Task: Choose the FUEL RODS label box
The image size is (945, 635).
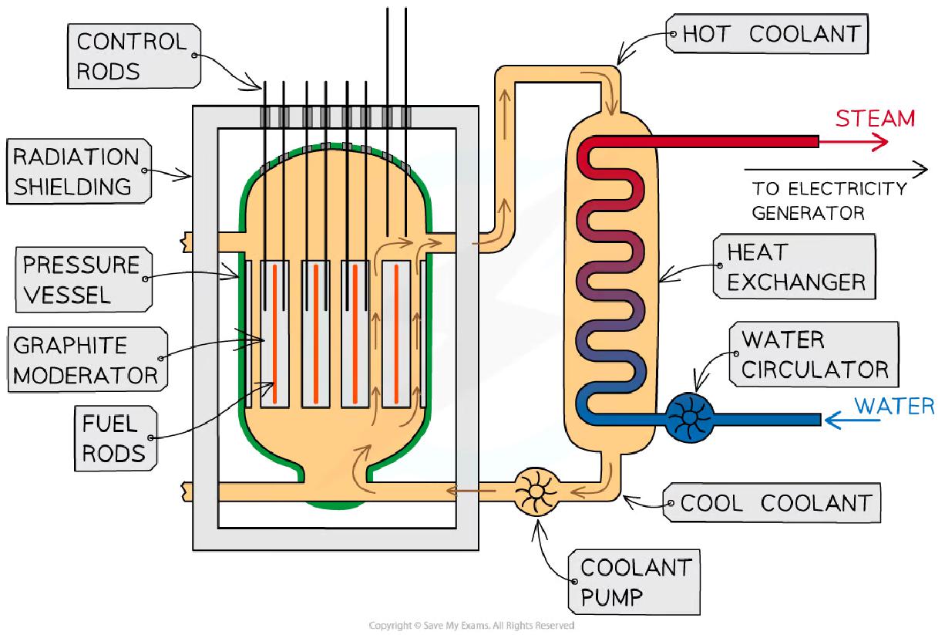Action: pyautogui.click(x=113, y=437)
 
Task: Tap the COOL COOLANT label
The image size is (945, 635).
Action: pyautogui.click(x=775, y=504)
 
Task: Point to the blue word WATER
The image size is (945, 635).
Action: pyautogui.click(x=895, y=406)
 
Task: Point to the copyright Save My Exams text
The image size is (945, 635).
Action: pyautogui.click(x=471, y=626)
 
